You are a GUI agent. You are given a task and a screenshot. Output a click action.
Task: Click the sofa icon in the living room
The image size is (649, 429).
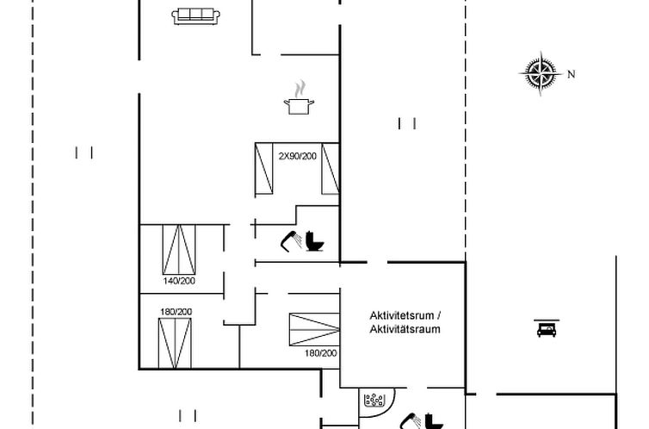pyautogui.click(x=195, y=16)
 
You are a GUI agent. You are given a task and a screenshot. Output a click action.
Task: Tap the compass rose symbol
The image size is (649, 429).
pyautogui.click(x=541, y=72)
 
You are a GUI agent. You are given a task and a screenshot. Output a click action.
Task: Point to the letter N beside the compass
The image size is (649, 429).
pyautogui.click(x=571, y=75)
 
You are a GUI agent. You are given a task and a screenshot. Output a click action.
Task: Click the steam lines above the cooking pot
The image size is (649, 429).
pyautogui.click(x=300, y=88)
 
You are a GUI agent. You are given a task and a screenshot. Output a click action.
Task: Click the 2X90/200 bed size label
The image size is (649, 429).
pyautogui.click(x=298, y=155)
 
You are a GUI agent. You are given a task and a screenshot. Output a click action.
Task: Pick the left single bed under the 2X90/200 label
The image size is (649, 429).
pyautogui.click(x=264, y=168)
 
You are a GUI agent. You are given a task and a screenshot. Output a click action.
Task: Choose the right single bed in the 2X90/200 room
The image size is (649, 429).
pyautogui.click(x=330, y=168)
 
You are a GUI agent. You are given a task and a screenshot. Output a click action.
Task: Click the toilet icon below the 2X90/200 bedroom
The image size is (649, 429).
pyautogui.click(x=315, y=241)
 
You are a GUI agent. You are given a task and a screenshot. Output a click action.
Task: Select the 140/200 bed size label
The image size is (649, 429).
pyautogui.click(x=178, y=281)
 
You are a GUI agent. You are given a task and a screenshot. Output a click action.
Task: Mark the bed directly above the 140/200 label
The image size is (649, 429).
pyautogui.click(x=180, y=249)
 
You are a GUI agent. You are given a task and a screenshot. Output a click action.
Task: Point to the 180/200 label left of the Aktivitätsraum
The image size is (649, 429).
pyautogui.click(x=321, y=353)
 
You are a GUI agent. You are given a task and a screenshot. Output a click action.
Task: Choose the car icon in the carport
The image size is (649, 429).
pyautogui.click(x=545, y=328)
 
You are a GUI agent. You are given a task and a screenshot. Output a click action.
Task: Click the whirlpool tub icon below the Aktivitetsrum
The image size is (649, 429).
pyautogui.click(x=374, y=400)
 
